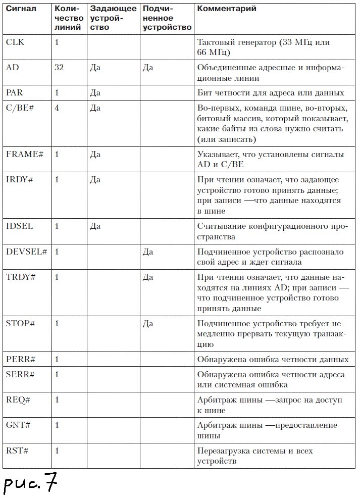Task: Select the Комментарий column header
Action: click(x=226, y=9)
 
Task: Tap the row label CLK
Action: click(x=15, y=42)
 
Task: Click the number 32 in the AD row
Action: click(x=59, y=67)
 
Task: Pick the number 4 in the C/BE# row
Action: click(x=57, y=107)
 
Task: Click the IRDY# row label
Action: click(x=19, y=179)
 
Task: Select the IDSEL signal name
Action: click(x=19, y=226)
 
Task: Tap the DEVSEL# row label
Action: click(x=26, y=251)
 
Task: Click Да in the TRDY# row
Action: click(x=148, y=277)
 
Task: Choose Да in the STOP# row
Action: click(x=148, y=323)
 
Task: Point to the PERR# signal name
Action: click(x=20, y=360)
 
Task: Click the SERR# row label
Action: click(x=20, y=374)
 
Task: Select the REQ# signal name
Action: click(x=18, y=399)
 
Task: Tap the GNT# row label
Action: click(x=18, y=425)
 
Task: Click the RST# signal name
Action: click(x=17, y=450)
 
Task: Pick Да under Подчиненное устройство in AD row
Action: click(x=148, y=67)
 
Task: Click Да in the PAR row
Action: click(x=95, y=92)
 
